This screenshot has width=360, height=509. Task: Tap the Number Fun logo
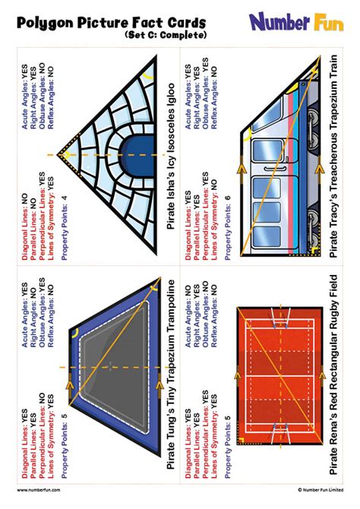point(298,22)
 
